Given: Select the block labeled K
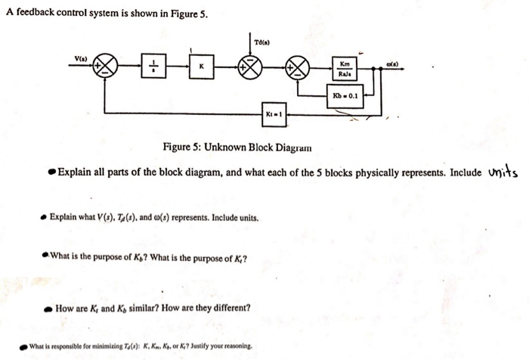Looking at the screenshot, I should click(x=201, y=67).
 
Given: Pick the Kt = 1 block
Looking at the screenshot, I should click(x=274, y=113).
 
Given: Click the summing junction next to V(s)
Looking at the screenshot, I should click(x=105, y=67).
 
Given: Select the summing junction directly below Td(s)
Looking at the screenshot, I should click(x=250, y=67).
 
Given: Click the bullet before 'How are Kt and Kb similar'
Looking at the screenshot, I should click(x=47, y=309).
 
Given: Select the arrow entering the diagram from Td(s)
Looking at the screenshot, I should click(x=250, y=47).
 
